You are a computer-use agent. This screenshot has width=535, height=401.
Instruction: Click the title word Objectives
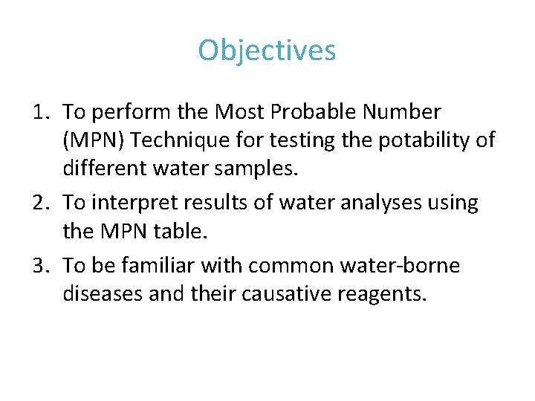point(267,50)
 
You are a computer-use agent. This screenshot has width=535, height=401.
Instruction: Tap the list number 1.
point(41,113)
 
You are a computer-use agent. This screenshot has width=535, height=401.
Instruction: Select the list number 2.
point(41,202)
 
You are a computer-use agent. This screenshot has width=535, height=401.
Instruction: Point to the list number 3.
point(41,266)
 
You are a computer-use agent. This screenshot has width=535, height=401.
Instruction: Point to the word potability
point(416,140)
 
